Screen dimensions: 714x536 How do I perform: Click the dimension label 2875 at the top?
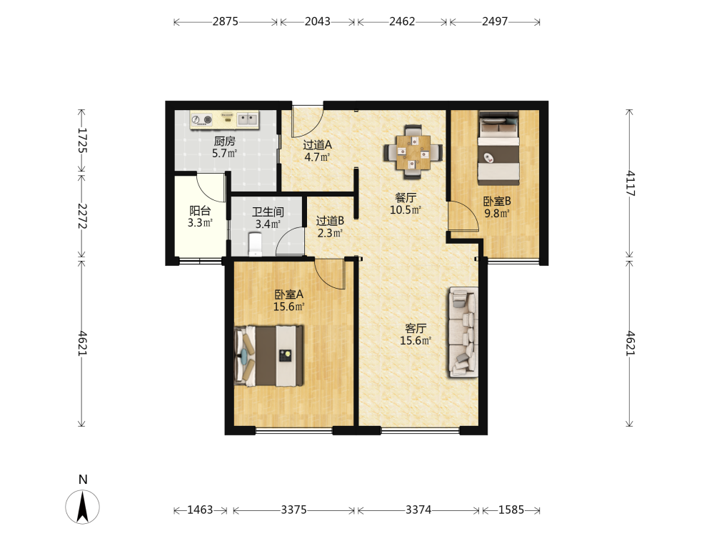pyautogui.click(x=225, y=21)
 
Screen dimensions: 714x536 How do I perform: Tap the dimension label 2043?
pyautogui.click(x=318, y=21)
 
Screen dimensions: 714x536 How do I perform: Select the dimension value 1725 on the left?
pyautogui.click(x=82, y=140)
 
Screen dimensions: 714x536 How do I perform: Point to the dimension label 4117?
pyautogui.click(x=630, y=183)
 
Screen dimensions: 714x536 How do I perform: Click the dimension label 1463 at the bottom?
pyautogui.click(x=200, y=510)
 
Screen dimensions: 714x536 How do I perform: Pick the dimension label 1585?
pyautogui.click(x=511, y=510)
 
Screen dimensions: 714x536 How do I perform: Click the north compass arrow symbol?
pyautogui.click(x=82, y=507)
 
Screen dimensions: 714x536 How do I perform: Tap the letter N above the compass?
pyautogui.click(x=82, y=480)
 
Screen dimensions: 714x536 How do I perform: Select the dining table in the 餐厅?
pyautogui.click(x=413, y=152)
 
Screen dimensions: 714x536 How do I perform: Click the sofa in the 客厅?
pyautogui.click(x=463, y=332)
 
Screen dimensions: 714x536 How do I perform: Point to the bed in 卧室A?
pyautogui.click(x=268, y=356)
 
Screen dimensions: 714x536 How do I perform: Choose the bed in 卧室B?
pyautogui.click(x=498, y=148)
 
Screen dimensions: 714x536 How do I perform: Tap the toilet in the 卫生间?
pyautogui.click(x=255, y=244)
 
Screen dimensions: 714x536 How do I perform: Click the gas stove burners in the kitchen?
pyautogui.click(x=202, y=120)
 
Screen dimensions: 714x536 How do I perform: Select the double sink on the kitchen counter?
pyautogui.click(x=247, y=119)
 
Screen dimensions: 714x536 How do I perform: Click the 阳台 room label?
pyautogui.click(x=200, y=211)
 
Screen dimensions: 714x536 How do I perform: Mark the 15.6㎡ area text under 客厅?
pyautogui.click(x=416, y=340)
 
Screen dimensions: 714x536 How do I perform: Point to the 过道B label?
pyautogui.click(x=330, y=221)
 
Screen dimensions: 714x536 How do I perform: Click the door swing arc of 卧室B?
pyautogui.click(x=469, y=214)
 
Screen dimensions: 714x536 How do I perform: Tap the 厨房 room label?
pyautogui.click(x=224, y=142)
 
